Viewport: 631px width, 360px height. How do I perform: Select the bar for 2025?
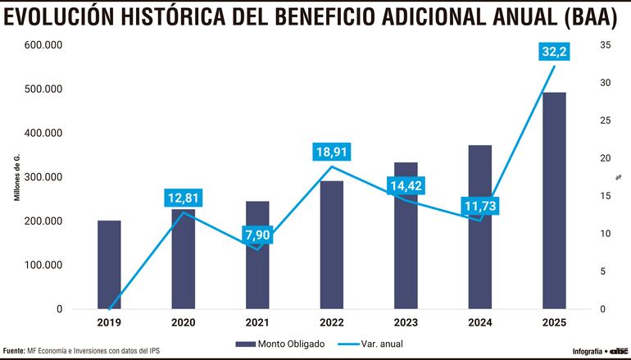[555, 200]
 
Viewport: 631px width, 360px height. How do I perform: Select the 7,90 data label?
[257, 237]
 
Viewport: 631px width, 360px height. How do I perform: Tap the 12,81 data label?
[183, 198]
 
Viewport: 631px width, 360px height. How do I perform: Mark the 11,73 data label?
[480, 207]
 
